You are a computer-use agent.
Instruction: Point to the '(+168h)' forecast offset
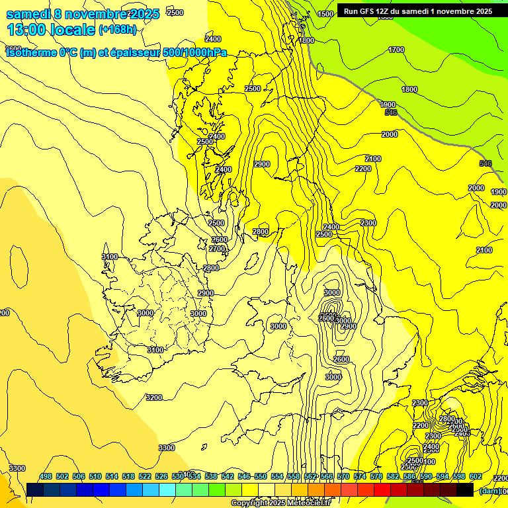click(x=117, y=30)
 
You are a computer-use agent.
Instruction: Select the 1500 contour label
click(x=325, y=14)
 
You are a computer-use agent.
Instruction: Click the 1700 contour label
click(x=396, y=50)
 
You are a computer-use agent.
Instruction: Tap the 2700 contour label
click(x=216, y=249)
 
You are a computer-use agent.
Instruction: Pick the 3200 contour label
click(x=153, y=398)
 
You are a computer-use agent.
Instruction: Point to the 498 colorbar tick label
click(x=46, y=476)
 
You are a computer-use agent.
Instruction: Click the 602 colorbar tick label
click(x=476, y=476)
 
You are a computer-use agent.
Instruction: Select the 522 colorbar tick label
click(x=145, y=476)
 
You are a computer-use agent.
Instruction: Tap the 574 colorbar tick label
click(x=360, y=476)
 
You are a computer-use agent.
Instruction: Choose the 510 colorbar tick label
click(x=95, y=476)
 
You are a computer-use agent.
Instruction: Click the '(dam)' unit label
click(x=490, y=490)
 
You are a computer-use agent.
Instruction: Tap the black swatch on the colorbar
click(x=465, y=489)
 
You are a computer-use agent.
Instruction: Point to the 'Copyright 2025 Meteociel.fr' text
click(x=290, y=503)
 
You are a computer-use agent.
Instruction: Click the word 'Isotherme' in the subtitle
click(x=29, y=52)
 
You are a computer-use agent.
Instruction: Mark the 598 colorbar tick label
click(x=459, y=476)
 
